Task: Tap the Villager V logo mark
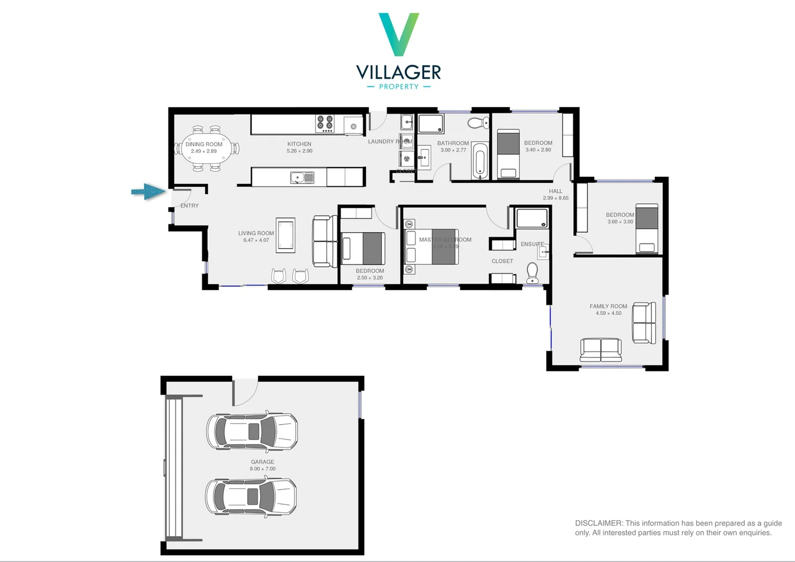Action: (x=399, y=34)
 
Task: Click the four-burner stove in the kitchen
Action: (x=325, y=124)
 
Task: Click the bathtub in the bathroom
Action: (x=480, y=161)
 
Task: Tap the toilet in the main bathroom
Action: (x=478, y=123)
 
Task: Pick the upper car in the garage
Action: (x=252, y=431)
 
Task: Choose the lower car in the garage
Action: (x=251, y=496)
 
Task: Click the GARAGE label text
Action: (x=262, y=462)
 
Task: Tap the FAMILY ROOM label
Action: (x=608, y=306)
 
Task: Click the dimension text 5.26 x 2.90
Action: (x=299, y=151)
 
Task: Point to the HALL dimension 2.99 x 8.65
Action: (x=556, y=198)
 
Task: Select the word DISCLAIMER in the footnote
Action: (x=599, y=523)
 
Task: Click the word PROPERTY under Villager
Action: (x=399, y=87)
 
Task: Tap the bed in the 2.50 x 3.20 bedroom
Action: (x=363, y=248)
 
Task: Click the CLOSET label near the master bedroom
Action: (x=502, y=261)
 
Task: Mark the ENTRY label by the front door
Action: (x=190, y=206)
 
